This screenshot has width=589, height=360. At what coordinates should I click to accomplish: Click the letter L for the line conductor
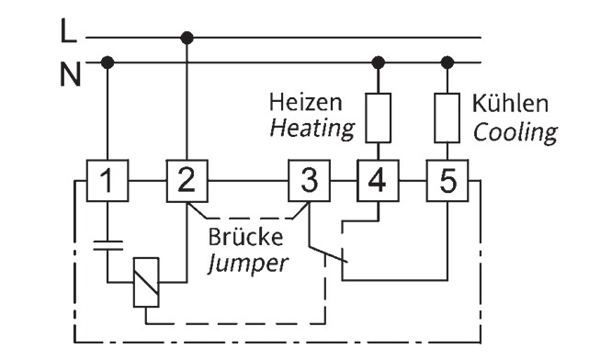[68, 31]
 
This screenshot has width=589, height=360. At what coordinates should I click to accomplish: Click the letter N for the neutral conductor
[71, 74]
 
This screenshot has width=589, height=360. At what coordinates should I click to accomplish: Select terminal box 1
[108, 181]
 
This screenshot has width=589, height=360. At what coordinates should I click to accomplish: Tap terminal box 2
[187, 181]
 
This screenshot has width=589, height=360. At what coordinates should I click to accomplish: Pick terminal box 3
[309, 181]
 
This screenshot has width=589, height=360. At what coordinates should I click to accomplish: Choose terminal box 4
[378, 181]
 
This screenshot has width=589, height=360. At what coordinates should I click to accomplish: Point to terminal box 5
[447, 181]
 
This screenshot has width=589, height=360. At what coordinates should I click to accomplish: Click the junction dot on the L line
[187, 38]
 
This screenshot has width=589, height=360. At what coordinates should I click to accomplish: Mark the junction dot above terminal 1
[108, 62]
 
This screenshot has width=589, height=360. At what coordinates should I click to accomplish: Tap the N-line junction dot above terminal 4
[378, 62]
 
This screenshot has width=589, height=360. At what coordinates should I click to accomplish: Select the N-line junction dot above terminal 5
[447, 62]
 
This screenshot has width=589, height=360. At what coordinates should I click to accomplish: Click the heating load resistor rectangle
[378, 118]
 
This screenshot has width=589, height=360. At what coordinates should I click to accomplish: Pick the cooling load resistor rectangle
[447, 118]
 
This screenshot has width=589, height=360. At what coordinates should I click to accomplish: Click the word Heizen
[306, 103]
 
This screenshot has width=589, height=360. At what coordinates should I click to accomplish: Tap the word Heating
[312, 129]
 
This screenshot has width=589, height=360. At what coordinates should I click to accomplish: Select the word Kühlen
[510, 103]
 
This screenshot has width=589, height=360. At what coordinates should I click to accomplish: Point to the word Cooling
[515, 133]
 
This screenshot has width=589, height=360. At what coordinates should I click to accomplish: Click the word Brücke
[245, 237]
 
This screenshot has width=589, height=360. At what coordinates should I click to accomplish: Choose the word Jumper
[248, 264]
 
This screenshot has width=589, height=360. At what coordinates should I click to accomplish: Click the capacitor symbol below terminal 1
[108, 245]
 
